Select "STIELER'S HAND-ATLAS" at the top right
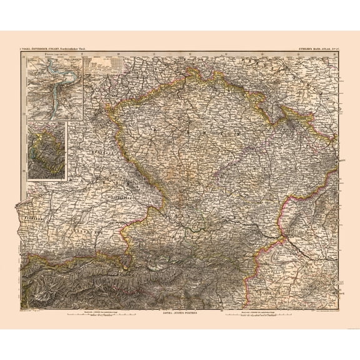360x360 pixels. [x=321, y=49]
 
